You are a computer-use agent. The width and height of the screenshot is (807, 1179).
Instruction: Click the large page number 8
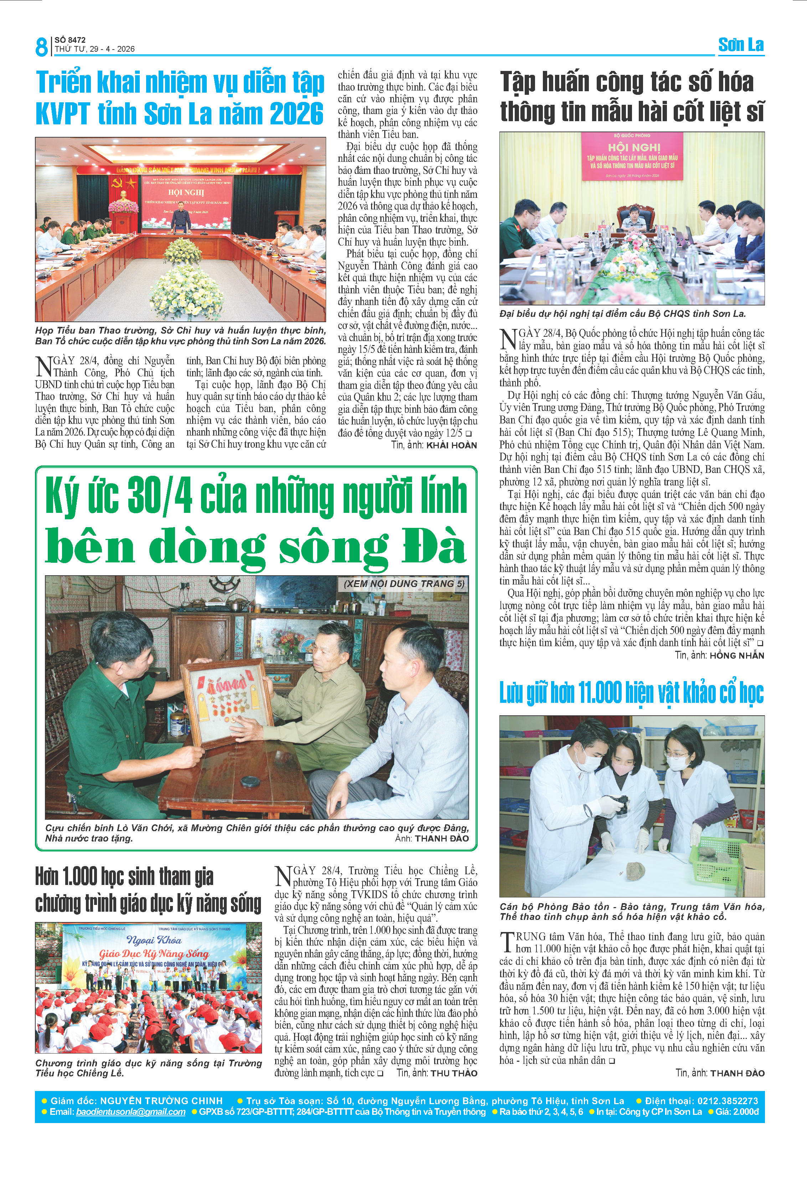click(x=41, y=47)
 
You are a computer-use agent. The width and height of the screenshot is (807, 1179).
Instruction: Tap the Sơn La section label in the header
click(x=741, y=45)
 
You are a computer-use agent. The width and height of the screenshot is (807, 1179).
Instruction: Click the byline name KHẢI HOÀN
click(x=451, y=446)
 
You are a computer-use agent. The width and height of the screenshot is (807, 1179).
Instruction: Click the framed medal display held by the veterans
click(x=227, y=700)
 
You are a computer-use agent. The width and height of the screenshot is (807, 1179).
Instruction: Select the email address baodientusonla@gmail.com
click(x=130, y=1112)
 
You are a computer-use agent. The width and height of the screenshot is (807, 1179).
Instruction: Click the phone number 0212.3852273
click(x=728, y=1100)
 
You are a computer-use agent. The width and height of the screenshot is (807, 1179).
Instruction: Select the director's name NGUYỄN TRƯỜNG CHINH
click(x=161, y=1100)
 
